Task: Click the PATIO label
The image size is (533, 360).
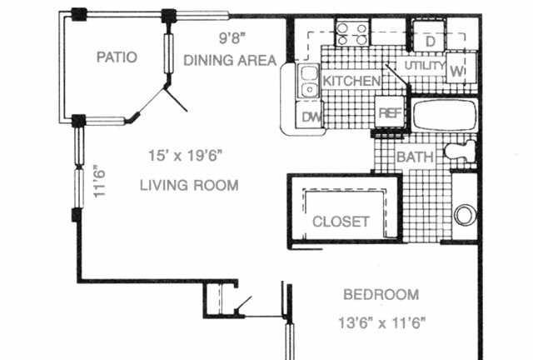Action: coord(117,57)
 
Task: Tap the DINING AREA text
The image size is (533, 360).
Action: coord(230,61)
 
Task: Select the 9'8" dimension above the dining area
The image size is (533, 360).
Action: coord(232,37)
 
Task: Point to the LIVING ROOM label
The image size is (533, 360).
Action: coord(189,186)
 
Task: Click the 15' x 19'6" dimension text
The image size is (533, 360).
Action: coord(186,156)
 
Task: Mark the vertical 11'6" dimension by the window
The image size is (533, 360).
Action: coord(100,182)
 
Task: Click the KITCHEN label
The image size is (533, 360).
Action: coord(351,81)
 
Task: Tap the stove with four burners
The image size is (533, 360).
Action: coord(352,33)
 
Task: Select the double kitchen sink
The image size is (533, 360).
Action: coord(309,82)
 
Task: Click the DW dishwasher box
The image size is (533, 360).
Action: coord(309,115)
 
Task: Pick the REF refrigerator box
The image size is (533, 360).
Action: coord(390,112)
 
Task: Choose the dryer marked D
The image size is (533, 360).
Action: coord(429,36)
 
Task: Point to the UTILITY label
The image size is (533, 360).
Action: coord(425,66)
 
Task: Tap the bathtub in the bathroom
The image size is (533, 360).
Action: coord(445,115)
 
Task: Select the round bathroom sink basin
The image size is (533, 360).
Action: coord(464,215)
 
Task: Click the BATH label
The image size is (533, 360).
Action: coord(416,157)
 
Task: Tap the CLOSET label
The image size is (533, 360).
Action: coord(341,222)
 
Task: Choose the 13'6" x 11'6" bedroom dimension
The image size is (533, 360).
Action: coord(382,322)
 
